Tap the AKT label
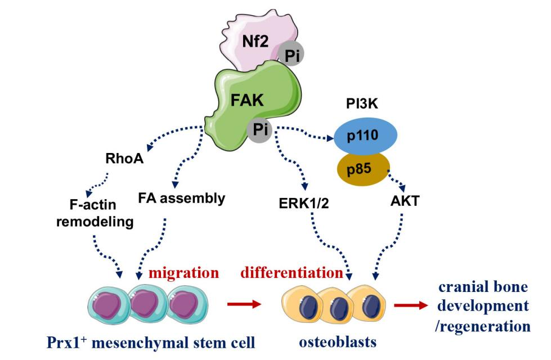(x=405, y=201)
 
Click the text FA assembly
(x=181, y=198)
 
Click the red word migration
(x=183, y=273)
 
